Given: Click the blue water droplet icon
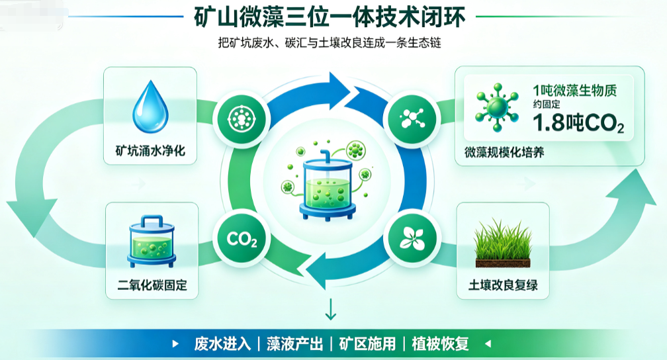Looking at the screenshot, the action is click(x=150, y=107).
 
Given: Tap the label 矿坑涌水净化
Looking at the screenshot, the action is click(x=150, y=151).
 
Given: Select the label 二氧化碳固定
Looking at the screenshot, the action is click(x=152, y=285).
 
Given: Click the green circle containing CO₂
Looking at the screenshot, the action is click(x=242, y=239).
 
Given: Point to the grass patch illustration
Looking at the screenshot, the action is click(x=503, y=243).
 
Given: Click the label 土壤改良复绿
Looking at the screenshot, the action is click(x=503, y=285).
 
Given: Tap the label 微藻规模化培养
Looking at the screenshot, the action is click(x=504, y=152).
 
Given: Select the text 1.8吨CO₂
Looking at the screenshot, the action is click(x=578, y=123).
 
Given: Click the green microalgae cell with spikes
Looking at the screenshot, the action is click(x=497, y=107).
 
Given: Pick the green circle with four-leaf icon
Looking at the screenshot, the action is click(x=412, y=239).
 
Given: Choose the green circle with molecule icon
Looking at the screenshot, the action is click(x=412, y=118).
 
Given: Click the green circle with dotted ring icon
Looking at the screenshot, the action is click(x=242, y=118).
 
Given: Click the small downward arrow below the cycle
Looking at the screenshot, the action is click(x=331, y=309).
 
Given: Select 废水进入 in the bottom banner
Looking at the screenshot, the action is click(x=222, y=344).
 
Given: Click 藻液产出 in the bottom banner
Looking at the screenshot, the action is click(x=295, y=344).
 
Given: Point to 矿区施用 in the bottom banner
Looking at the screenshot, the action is click(x=367, y=344).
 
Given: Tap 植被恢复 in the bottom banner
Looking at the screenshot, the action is click(x=440, y=344).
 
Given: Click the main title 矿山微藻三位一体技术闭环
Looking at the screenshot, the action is click(x=330, y=17).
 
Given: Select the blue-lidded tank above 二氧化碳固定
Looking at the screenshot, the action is click(x=152, y=241).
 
